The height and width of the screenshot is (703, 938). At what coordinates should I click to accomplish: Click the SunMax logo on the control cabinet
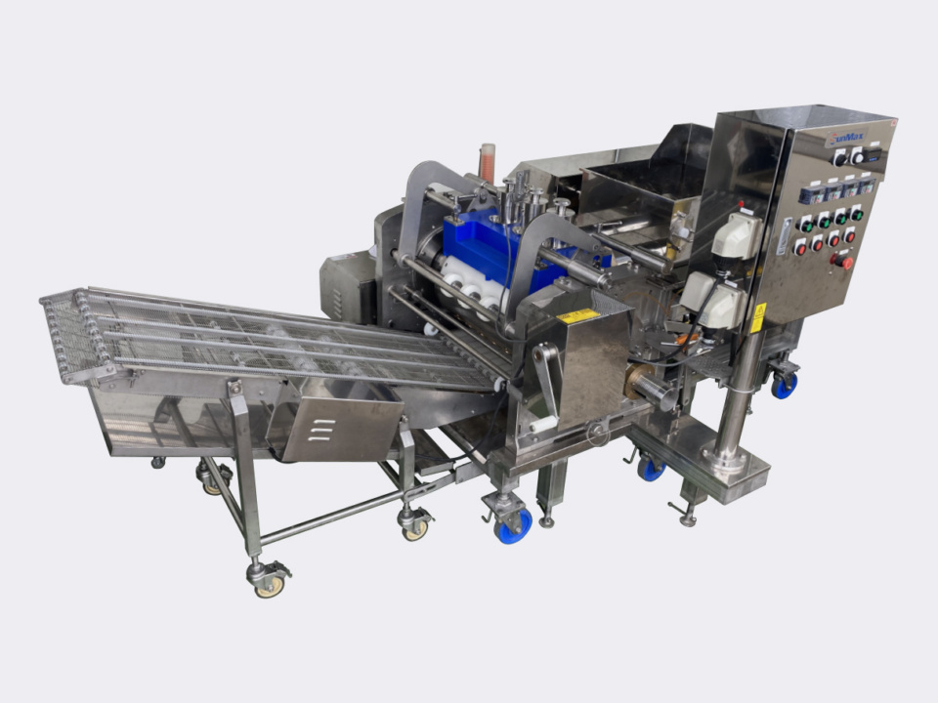pyautogui.click(x=846, y=139)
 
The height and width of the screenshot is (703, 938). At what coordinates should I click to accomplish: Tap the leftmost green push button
pyautogui.click(x=806, y=225)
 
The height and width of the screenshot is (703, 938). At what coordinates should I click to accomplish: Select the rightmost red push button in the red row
pyautogui.click(x=849, y=235)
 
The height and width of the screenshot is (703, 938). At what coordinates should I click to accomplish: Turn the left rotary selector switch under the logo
pyautogui.click(x=838, y=157)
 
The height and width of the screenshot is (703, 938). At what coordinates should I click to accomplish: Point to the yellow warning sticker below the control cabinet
pyautogui.click(x=758, y=317)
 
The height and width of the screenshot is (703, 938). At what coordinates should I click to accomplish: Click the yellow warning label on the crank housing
pyautogui.click(x=577, y=316)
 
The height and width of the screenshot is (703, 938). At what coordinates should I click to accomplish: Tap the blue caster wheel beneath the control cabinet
pyautogui.click(x=784, y=386)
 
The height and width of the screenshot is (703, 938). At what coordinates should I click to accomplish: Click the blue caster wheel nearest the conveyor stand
pyautogui.click(x=512, y=527)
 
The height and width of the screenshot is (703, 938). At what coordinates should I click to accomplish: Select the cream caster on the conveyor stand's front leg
pyautogui.click(x=268, y=584)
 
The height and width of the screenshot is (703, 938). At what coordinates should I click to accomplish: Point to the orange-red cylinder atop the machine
pyautogui.click(x=487, y=162)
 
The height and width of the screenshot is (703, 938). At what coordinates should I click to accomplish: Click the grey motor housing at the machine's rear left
pyautogui.click(x=347, y=285)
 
